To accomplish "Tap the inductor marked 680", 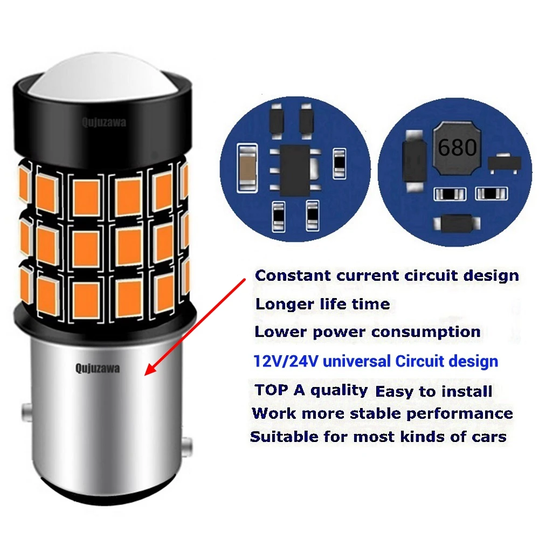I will [x=456, y=148].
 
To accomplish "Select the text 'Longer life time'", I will [x=322, y=304].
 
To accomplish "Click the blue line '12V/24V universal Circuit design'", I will [x=376, y=361].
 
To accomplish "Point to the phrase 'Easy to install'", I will [x=433, y=391].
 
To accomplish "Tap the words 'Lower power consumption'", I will [x=367, y=332].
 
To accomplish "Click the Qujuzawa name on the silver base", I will [x=98, y=369].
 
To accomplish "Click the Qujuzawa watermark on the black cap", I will [x=104, y=123].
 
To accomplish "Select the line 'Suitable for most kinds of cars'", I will [x=378, y=437].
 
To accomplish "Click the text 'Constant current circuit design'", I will [x=386, y=275].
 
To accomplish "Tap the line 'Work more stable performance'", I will [x=382, y=414].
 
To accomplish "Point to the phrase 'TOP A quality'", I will [x=311, y=390].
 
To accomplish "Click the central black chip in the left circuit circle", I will [x=295, y=162].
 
